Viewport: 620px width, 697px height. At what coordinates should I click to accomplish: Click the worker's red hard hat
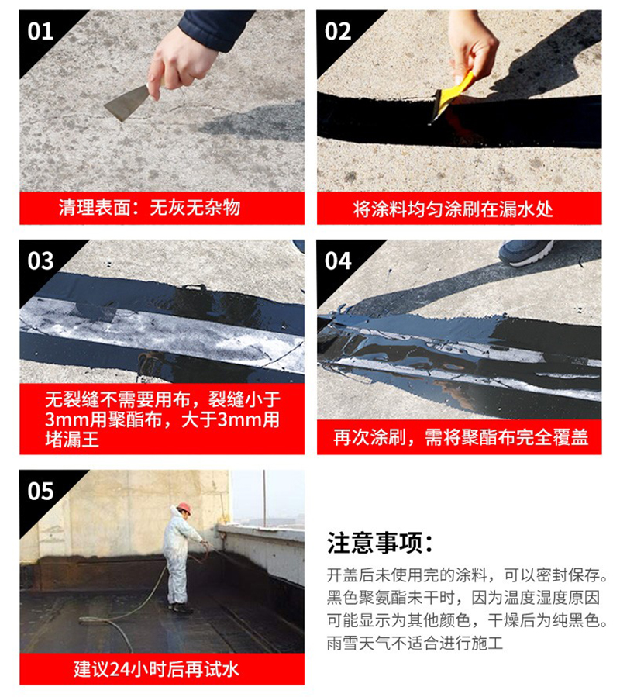pyautogui.click(x=184, y=508)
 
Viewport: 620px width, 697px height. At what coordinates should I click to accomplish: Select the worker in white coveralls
pyautogui.click(x=180, y=554)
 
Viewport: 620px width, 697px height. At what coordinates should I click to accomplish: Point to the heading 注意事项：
pyautogui.click(x=380, y=543)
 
